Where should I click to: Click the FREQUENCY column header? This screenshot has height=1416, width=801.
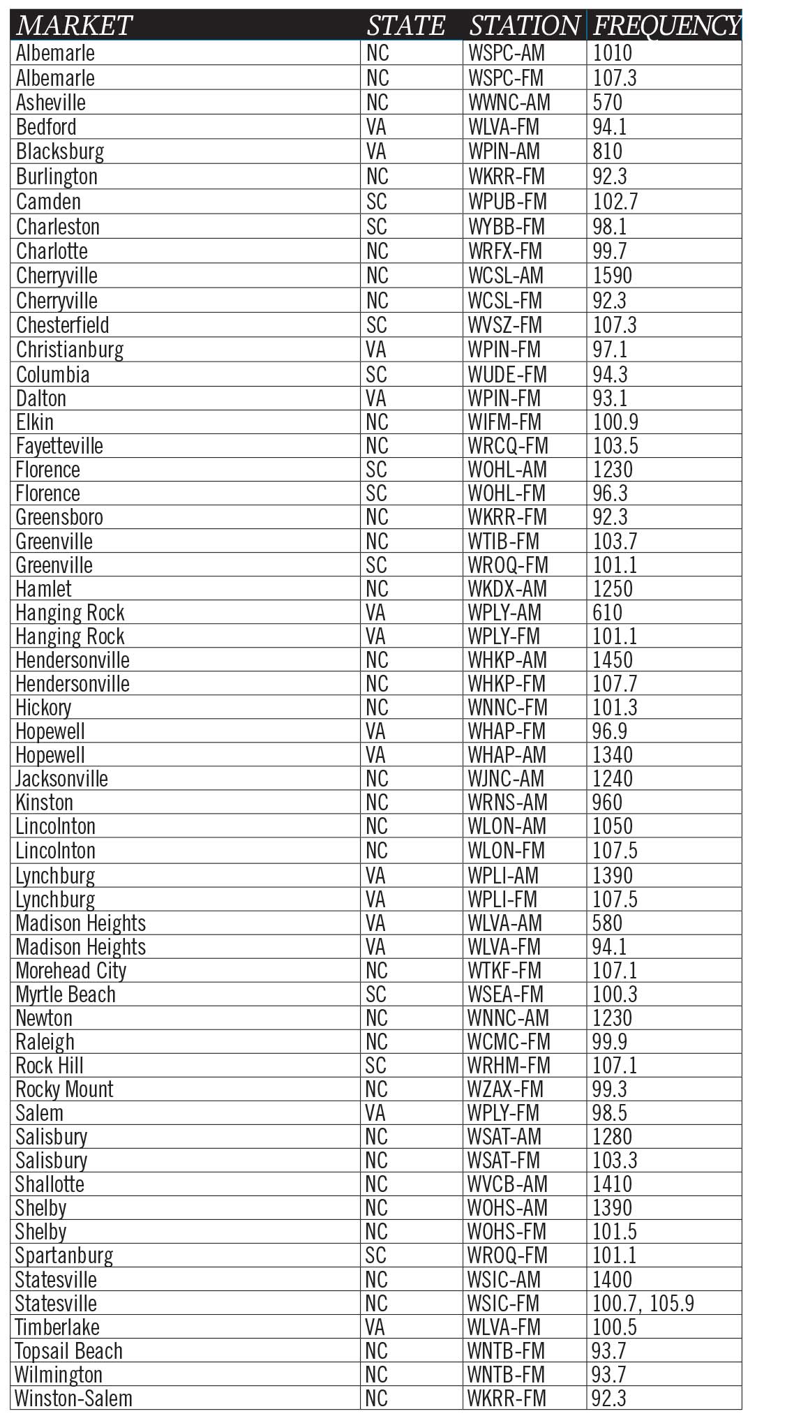click(666, 26)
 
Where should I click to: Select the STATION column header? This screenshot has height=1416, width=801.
click(524, 26)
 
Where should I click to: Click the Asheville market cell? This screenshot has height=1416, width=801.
click(51, 103)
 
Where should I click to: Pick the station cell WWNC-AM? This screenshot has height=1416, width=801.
click(509, 103)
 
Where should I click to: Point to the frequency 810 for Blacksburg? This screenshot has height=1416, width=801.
click(607, 151)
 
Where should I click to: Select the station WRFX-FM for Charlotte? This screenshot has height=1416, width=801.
click(505, 251)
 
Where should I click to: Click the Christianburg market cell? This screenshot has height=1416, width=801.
click(70, 350)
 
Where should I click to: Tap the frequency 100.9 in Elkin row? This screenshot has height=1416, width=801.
click(615, 422)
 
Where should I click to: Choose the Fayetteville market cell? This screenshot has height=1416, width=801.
click(59, 446)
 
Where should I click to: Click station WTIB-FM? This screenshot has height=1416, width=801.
click(504, 542)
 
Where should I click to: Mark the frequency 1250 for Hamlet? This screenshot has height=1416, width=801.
click(612, 589)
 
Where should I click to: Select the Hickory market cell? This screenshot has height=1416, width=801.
click(43, 708)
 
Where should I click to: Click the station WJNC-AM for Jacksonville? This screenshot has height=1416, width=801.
click(506, 779)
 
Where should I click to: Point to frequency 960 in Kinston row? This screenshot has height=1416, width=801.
click(607, 803)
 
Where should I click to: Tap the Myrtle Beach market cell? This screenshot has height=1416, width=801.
click(66, 994)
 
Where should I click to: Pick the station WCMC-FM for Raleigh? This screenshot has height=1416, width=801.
click(509, 1042)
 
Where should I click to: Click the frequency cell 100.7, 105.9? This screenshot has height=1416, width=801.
click(643, 1304)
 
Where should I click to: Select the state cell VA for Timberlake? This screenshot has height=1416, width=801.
click(375, 1327)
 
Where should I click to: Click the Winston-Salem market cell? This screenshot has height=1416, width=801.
click(73, 1399)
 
